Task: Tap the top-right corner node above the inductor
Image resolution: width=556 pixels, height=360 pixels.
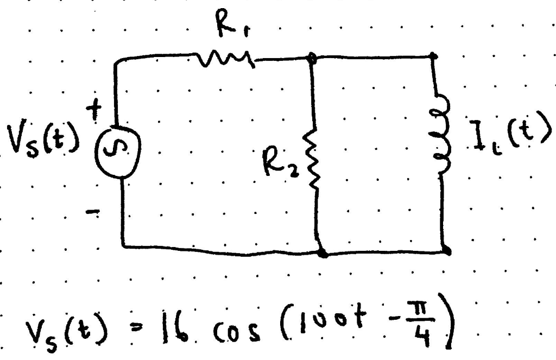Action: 433,56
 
